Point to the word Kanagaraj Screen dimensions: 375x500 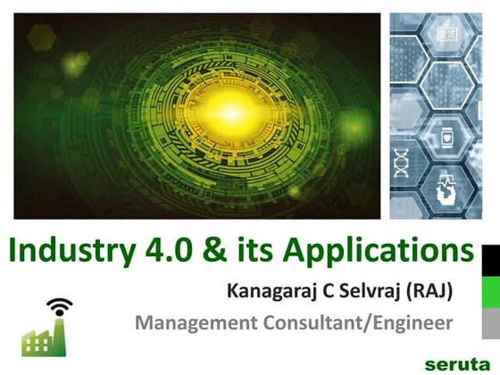tap(272, 292)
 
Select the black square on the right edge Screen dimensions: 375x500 tap(490, 259)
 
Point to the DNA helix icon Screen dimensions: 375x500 tap(402, 163)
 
